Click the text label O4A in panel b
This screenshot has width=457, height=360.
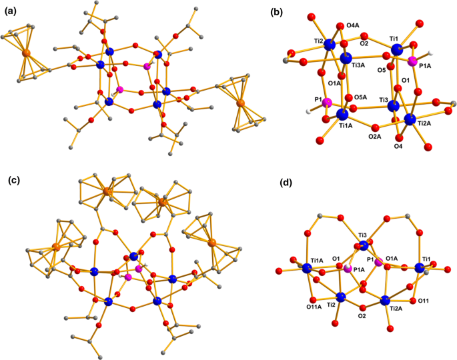[x=352, y=26]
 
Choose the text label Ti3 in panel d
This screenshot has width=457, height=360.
[x=363, y=235]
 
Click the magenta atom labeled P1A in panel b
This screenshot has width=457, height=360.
[x=414, y=62]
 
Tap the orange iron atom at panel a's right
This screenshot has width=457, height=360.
[x=241, y=103]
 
